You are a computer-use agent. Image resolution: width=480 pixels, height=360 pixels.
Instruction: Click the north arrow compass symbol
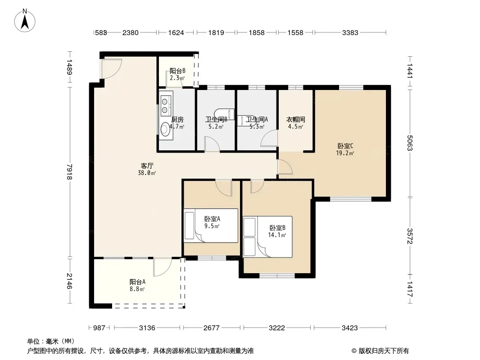[x=25, y=20]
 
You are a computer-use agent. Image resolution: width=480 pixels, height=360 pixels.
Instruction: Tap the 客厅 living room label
[x=147, y=166]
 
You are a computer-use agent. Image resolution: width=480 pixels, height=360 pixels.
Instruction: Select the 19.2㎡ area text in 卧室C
[x=345, y=153]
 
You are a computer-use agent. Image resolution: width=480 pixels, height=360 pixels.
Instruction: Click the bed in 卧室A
[x=211, y=226]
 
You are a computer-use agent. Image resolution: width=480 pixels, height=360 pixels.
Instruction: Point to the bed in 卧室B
[x=267, y=237]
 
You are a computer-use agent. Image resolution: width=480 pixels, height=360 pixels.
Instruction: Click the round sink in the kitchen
[x=165, y=129]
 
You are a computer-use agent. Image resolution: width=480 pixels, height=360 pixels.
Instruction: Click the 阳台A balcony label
[x=137, y=282]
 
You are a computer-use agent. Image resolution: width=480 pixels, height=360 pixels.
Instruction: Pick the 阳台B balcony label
[x=177, y=71]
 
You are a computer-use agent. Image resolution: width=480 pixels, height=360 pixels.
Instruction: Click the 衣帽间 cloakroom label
[x=295, y=120]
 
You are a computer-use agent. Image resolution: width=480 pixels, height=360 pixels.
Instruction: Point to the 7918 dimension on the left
[x=70, y=172]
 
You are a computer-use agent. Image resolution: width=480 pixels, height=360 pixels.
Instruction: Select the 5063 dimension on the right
[x=410, y=143]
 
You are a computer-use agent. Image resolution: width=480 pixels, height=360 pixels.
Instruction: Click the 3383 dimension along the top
[x=350, y=32]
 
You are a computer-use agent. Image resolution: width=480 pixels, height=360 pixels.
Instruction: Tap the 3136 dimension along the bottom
[x=147, y=328]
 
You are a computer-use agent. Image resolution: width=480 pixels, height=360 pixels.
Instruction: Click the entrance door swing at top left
[x=112, y=68]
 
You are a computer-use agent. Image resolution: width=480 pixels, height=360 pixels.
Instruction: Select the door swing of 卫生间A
[x=269, y=139]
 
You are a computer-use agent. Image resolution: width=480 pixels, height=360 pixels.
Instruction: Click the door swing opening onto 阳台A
[x=163, y=267]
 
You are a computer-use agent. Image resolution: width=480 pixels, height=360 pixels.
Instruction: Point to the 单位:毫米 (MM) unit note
[x=51, y=341]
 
